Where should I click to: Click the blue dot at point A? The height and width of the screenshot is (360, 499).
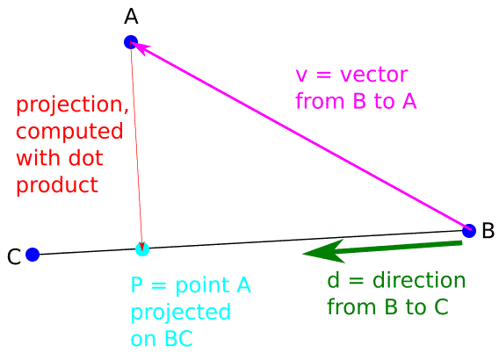131,42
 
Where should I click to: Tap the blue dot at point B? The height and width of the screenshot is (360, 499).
469,231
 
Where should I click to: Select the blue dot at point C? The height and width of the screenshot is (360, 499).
33,255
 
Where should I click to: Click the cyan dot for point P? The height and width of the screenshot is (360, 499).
142,249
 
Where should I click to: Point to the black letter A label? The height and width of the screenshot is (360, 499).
131,17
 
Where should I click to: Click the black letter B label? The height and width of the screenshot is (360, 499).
488,230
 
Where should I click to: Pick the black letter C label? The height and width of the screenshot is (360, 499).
14,257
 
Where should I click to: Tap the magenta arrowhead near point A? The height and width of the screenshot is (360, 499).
141,48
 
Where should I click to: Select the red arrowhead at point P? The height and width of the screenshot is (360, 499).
142,247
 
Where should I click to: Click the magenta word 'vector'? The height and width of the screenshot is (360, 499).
374,75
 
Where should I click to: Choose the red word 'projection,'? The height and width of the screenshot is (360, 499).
73,105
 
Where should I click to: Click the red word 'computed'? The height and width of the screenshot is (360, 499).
69,131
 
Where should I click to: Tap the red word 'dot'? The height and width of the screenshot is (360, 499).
86,158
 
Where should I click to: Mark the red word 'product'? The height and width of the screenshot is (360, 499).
57,185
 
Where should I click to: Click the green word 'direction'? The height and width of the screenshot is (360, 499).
419,280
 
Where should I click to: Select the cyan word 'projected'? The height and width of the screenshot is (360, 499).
181,313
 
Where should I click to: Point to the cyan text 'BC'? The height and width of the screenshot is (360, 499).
179,339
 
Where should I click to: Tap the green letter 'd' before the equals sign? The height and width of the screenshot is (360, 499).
333,280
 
